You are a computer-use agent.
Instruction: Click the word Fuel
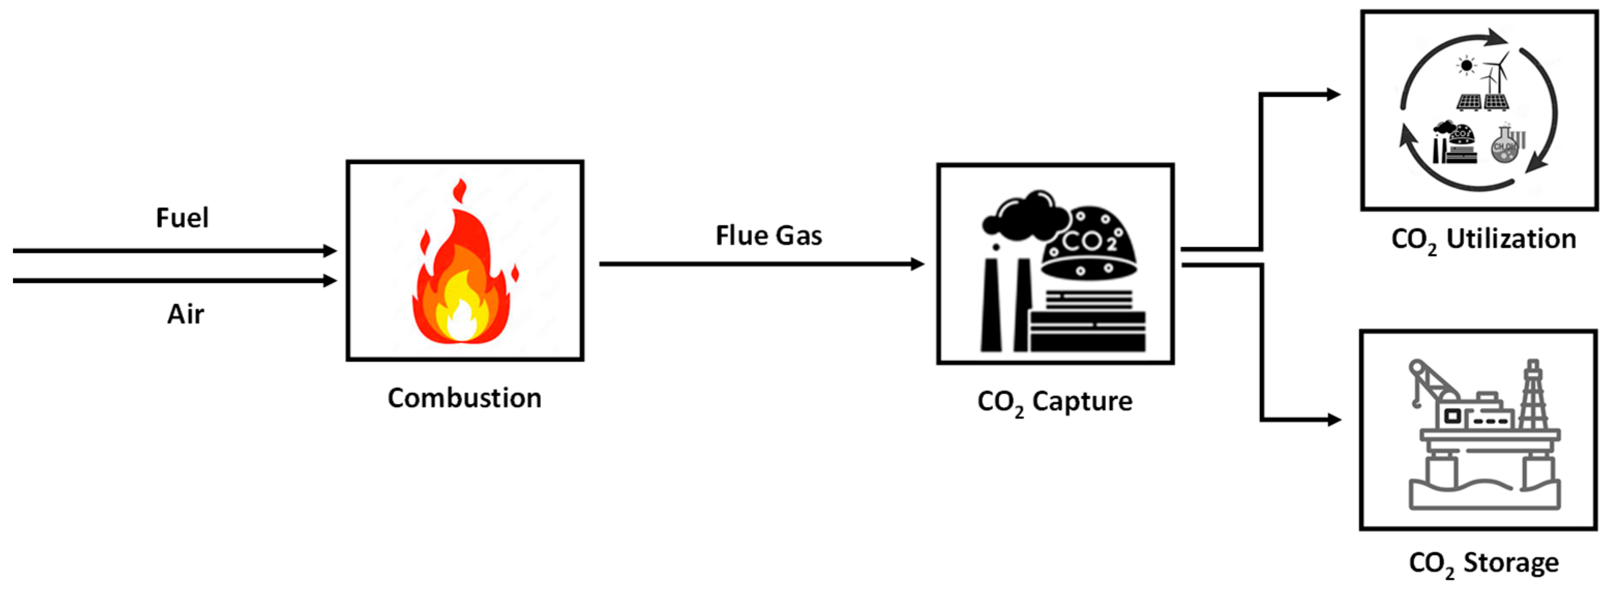click(182, 218)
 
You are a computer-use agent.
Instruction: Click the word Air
click(185, 314)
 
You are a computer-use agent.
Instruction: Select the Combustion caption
click(464, 398)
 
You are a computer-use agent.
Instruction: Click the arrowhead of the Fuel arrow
click(330, 251)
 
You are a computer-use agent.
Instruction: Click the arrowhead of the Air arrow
click(330, 280)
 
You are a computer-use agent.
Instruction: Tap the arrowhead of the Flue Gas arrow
click(917, 264)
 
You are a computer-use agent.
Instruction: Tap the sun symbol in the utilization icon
click(1466, 66)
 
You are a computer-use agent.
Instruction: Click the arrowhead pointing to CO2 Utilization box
click(1333, 95)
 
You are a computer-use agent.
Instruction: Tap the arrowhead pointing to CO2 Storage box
click(1333, 420)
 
